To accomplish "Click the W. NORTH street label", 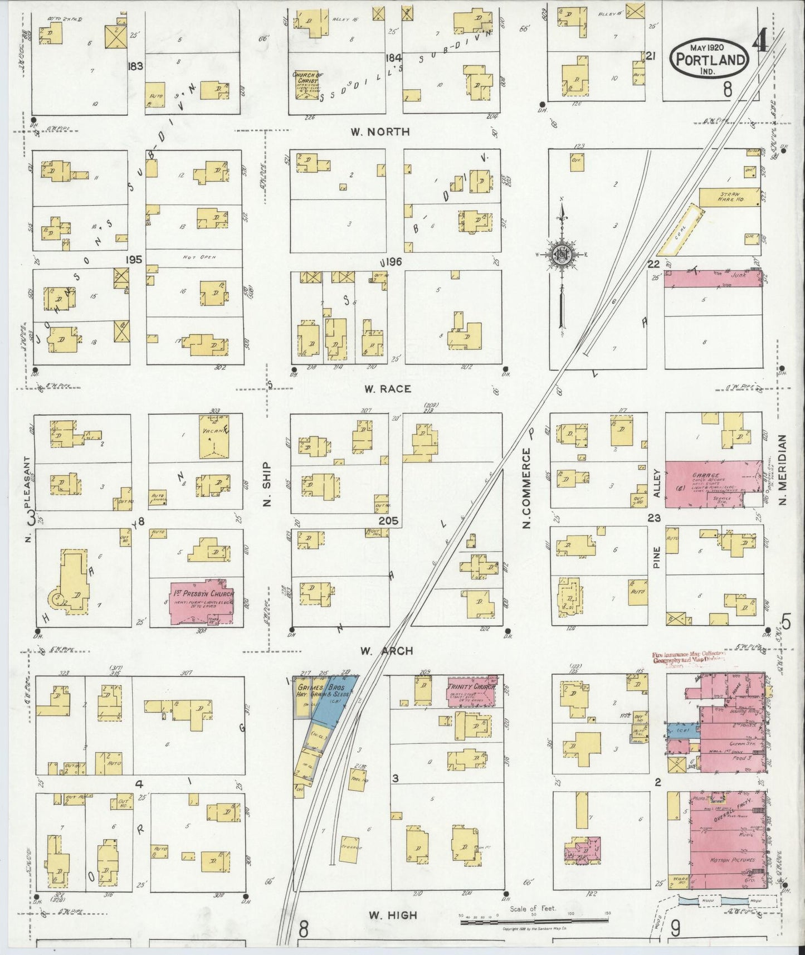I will click(x=380, y=132).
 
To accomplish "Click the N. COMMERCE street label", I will click(x=525, y=490).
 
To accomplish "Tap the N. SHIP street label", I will click(x=266, y=484).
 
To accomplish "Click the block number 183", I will click(x=135, y=66).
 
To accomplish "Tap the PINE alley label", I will click(x=656, y=557).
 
